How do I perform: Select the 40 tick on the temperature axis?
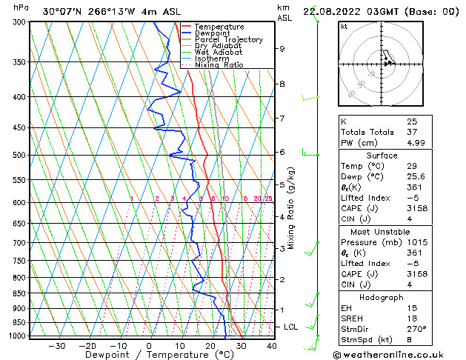271,345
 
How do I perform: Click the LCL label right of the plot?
292,327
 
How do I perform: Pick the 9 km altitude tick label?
282,49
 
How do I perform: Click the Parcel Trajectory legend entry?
228,39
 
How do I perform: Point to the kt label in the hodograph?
344,27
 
